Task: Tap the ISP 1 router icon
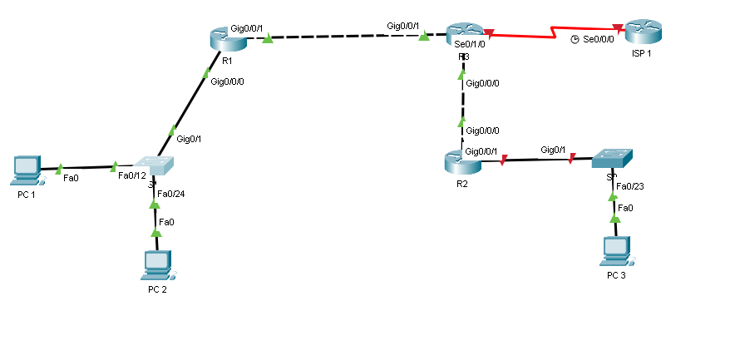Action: (x=643, y=32)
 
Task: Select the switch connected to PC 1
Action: (x=155, y=165)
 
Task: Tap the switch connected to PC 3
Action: (x=612, y=159)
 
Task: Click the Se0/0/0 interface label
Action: (x=599, y=40)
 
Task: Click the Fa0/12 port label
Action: (x=132, y=175)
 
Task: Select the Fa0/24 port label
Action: (x=171, y=194)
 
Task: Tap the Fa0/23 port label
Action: (x=630, y=186)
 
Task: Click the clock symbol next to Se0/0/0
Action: (x=575, y=40)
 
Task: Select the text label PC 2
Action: (x=157, y=288)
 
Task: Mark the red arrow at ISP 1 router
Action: (x=616, y=29)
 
